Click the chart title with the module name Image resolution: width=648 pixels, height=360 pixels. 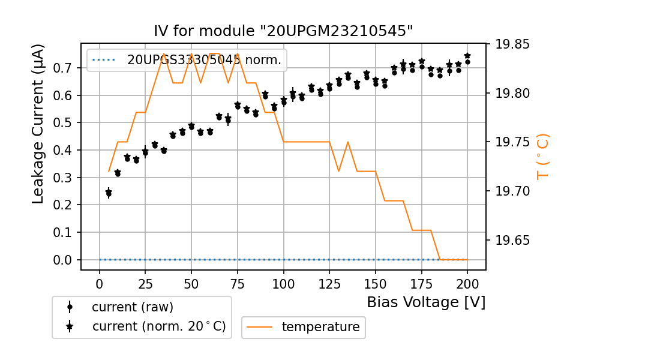click(x=283, y=31)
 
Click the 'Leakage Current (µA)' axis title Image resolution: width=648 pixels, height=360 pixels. click(x=38, y=124)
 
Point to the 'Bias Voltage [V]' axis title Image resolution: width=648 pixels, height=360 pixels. click(x=426, y=302)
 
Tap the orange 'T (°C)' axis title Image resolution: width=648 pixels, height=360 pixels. click(x=542, y=157)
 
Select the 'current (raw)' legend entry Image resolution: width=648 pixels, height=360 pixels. click(x=132, y=307)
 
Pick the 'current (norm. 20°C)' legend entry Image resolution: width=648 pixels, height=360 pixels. click(x=158, y=326)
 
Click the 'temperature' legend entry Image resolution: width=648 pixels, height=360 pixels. click(x=320, y=327)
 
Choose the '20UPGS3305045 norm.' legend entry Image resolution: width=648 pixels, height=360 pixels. click(x=203, y=60)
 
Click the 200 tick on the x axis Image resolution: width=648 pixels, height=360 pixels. click(x=467, y=283)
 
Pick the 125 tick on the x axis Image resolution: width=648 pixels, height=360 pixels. click(x=329, y=283)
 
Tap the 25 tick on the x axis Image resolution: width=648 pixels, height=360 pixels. click(x=145, y=283)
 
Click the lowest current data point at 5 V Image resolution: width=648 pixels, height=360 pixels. click(x=109, y=194)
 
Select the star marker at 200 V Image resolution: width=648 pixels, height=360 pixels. click(x=467, y=56)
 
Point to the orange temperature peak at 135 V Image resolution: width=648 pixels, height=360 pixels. click(x=348, y=142)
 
